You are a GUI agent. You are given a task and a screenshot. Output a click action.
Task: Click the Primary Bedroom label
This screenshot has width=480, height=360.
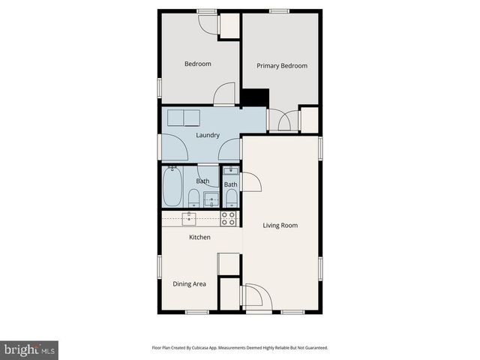(282, 66)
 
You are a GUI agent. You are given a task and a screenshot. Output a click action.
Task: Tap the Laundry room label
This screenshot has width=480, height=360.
(207, 135)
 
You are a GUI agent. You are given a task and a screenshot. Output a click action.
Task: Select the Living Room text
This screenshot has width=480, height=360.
(280, 225)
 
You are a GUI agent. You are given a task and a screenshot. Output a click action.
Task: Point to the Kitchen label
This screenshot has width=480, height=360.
(199, 237)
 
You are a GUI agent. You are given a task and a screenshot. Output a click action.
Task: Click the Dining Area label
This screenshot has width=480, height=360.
(189, 283)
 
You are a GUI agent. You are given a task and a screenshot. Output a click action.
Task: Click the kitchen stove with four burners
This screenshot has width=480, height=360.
(229, 218)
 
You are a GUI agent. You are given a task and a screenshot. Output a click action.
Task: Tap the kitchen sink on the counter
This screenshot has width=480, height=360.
(190, 218)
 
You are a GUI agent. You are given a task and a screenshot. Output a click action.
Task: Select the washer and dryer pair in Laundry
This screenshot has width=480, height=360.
(184, 118)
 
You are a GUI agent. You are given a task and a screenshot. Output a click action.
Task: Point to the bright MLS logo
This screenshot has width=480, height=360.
(29, 349)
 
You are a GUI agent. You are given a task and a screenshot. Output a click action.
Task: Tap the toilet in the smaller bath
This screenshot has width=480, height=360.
(232, 199)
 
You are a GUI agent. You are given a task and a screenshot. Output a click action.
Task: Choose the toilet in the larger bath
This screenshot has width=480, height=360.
(193, 198)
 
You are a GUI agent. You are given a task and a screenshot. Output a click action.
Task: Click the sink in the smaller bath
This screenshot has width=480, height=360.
(232, 172)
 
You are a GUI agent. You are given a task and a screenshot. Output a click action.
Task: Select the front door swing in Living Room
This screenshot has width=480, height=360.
(254, 296)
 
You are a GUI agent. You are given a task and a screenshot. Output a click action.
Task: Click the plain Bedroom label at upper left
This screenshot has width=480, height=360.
(198, 64)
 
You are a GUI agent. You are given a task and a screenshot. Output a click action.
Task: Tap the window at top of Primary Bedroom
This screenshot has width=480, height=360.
(280, 10)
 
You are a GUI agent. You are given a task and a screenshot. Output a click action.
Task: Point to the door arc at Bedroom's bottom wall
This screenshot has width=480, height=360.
(223, 95)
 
